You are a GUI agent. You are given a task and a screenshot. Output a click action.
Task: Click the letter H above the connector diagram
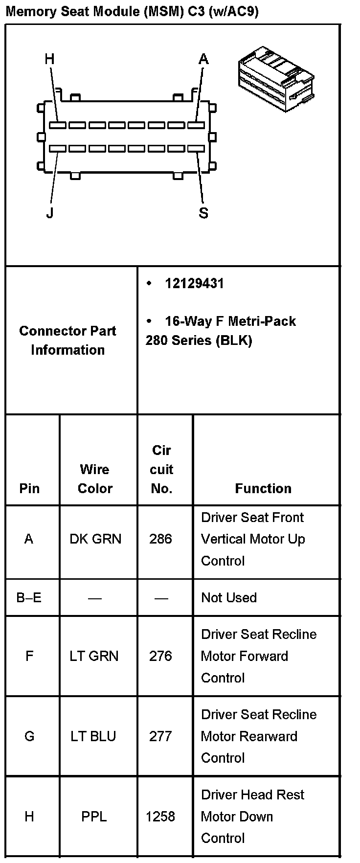[x=49, y=59]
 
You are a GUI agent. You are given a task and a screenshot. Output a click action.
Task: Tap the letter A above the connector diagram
[x=203, y=59]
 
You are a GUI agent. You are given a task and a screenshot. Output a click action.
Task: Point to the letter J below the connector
[x=49, y=213]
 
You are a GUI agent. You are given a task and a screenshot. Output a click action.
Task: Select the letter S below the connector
[x=203, y=213]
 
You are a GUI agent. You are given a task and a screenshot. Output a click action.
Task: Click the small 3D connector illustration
[x=276, y=78]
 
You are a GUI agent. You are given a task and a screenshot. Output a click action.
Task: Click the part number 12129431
[x=194, y=284]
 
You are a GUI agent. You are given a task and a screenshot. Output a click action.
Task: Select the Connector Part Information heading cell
[x=68, y=340]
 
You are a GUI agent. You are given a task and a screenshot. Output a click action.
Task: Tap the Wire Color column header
[x=95, y=478]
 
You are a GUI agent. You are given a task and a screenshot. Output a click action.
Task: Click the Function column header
[x=263, y=488]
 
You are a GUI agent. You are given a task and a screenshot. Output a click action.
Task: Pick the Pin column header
[x=29, y=488]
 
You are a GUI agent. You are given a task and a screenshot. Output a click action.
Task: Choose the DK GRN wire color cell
[x=95, y=539]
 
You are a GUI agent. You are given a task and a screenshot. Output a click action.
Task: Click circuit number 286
[x=160, y=539]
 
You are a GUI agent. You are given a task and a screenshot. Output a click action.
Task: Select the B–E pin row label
[x=29, y=597]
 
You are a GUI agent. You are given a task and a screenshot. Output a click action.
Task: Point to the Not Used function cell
[x=229, y=597]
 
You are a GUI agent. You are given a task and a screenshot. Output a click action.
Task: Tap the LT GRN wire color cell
[x=94, y=656]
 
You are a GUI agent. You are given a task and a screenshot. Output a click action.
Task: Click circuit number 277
[x=160, y=736]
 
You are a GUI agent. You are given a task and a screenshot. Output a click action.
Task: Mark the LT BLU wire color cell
[x=93, y=736]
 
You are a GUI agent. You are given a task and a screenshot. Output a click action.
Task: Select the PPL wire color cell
[x=94, y=817]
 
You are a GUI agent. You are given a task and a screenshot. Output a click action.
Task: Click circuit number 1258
[x=160, y=817]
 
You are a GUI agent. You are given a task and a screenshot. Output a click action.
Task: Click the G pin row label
[x=29, y=736]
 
